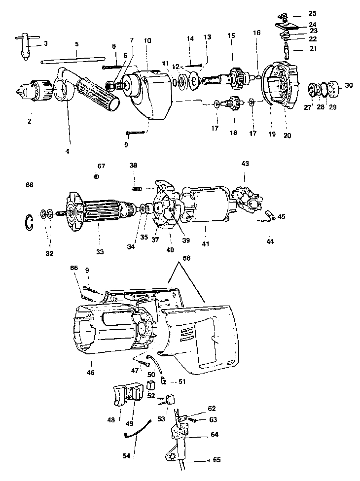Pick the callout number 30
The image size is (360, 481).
click(349, 85)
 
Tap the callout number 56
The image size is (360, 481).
click(186, 258)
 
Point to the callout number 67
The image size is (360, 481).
click(101, 166)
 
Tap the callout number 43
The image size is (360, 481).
click(245, 164)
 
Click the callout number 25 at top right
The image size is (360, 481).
click(313, 13)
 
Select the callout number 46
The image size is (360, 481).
click(91, 372)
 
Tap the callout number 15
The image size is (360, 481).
click(231, 35)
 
